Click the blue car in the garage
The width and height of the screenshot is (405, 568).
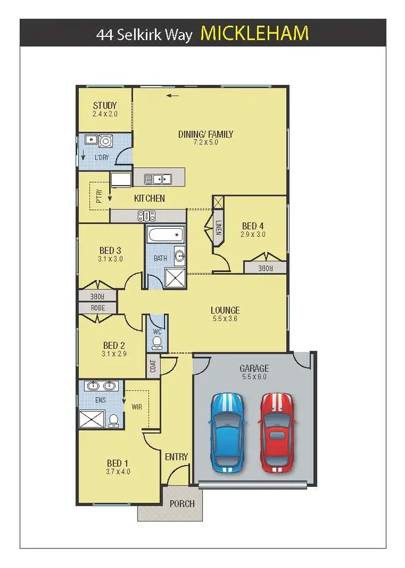pyautogui.click(x=227, y=431)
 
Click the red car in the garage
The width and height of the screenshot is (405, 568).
pyautogui.click(x=276, y=431)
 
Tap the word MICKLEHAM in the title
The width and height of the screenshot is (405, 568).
pyautogui.click(x=254, y=33)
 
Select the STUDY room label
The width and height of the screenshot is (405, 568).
pyautogui.click(x=105, y=105)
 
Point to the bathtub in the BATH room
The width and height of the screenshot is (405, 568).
pyautogui.click(x=165, y=236)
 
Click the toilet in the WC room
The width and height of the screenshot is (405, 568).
pyautogui.click(x=157, y=342)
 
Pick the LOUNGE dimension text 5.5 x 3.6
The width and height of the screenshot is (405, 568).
pyautogui.click(x=225, y=319)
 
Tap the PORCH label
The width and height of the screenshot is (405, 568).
pyautogui.click(x=182, y=504)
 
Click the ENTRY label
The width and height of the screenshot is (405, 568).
pyautogui.click(x=177, y=457)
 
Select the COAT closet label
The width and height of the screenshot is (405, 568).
pyautogui.click(x=153, y=367)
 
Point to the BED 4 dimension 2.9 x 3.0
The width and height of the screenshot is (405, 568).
pyautogui.click(x=253, y=235)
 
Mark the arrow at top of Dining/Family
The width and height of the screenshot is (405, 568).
pyautogui.click(x=173, y=96)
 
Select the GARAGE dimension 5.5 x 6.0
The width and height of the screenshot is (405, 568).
pyautogui.click(x=253, y=377)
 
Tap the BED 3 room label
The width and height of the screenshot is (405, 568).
pyautogui.click(x=111, y=250)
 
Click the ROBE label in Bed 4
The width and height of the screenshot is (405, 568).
pyautogui.click(x=265, y=267)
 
